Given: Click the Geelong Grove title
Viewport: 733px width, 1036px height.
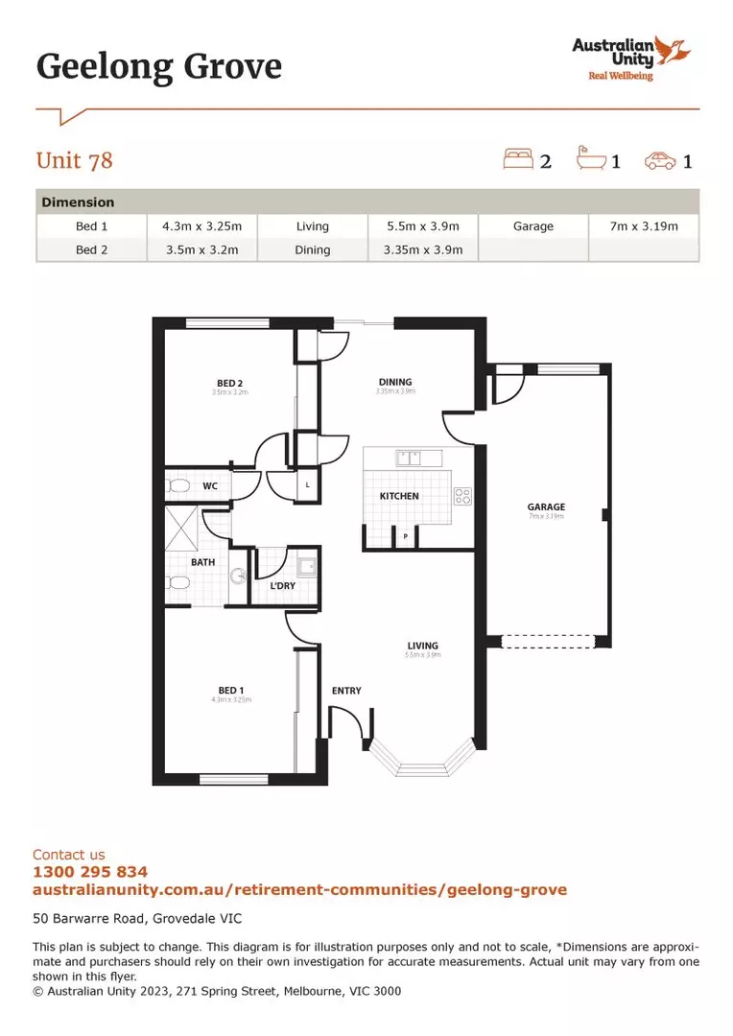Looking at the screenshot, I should coord(158,66).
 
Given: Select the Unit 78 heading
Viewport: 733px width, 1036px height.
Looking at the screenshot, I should coord(75,160).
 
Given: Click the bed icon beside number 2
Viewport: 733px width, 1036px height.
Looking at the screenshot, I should coord(518,158).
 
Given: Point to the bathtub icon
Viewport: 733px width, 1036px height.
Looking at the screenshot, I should coord(590,158).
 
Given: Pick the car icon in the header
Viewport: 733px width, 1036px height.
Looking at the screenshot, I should coord(660,159).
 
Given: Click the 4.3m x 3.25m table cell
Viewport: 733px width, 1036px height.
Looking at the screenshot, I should coord(201,226).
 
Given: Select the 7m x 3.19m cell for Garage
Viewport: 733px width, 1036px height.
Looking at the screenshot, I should coord(643,226).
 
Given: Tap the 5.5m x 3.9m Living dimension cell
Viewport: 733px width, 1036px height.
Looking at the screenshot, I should coord(422,226).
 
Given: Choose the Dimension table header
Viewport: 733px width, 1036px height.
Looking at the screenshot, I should coord(78,202).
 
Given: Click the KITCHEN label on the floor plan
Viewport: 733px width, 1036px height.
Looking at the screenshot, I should coord(399,496).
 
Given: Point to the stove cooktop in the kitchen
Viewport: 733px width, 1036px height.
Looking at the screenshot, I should coord(462,496).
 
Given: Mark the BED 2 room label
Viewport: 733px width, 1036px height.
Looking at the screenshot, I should coord(230,383).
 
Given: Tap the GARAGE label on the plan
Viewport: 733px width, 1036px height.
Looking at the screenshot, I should coord(546,506).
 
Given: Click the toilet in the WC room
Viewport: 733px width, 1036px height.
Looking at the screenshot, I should coord(177,486).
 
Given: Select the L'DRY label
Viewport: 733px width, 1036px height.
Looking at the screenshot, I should coord(282,585).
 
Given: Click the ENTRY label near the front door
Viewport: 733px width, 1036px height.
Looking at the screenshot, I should coord(346,691).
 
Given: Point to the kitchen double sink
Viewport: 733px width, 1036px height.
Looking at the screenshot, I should coord(410,458).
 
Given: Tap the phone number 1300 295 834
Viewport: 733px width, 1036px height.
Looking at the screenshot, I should coord(90,872).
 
